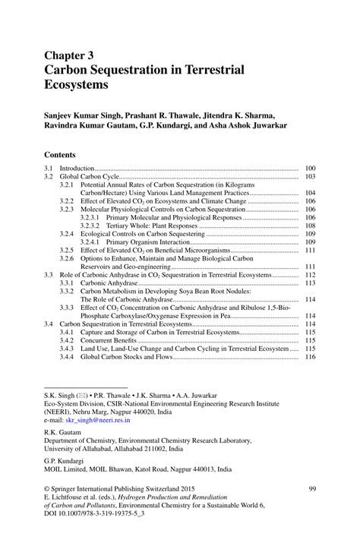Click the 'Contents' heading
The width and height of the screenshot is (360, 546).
(x=65, y=153)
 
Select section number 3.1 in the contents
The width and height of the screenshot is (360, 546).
(x=48, y=168)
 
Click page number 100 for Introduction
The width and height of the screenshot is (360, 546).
(x=309, y=168)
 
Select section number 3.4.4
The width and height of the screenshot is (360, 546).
(x=66, y=357)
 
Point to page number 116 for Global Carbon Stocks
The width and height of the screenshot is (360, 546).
(x=309, y=357)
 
